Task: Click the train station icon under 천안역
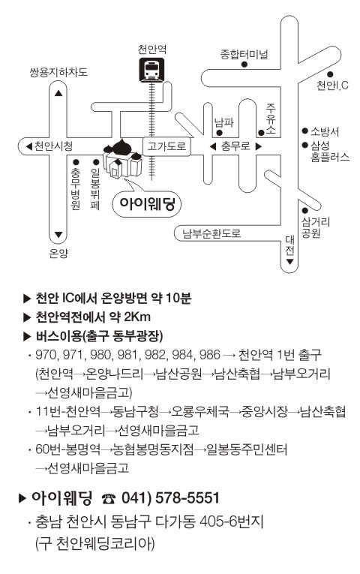click(151, 70)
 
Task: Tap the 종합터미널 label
click(244, 54)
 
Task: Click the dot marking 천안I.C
click(330, 74)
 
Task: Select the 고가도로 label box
click(166, 146)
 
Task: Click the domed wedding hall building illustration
click(122, 159)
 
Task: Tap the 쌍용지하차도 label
click(58, 72)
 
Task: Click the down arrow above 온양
click(58, 234)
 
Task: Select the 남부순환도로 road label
click(211, 233)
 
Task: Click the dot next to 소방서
click(304, 131)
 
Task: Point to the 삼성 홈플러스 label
click(330, 151)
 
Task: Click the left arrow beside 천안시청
click(29, 146)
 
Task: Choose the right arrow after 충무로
click(258, 147)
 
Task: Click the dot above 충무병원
click(76, 162)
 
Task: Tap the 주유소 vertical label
click(271, 119)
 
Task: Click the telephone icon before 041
click(109, 498)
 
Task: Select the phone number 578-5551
click(187, 498)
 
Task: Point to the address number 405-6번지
click(232, 521)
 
